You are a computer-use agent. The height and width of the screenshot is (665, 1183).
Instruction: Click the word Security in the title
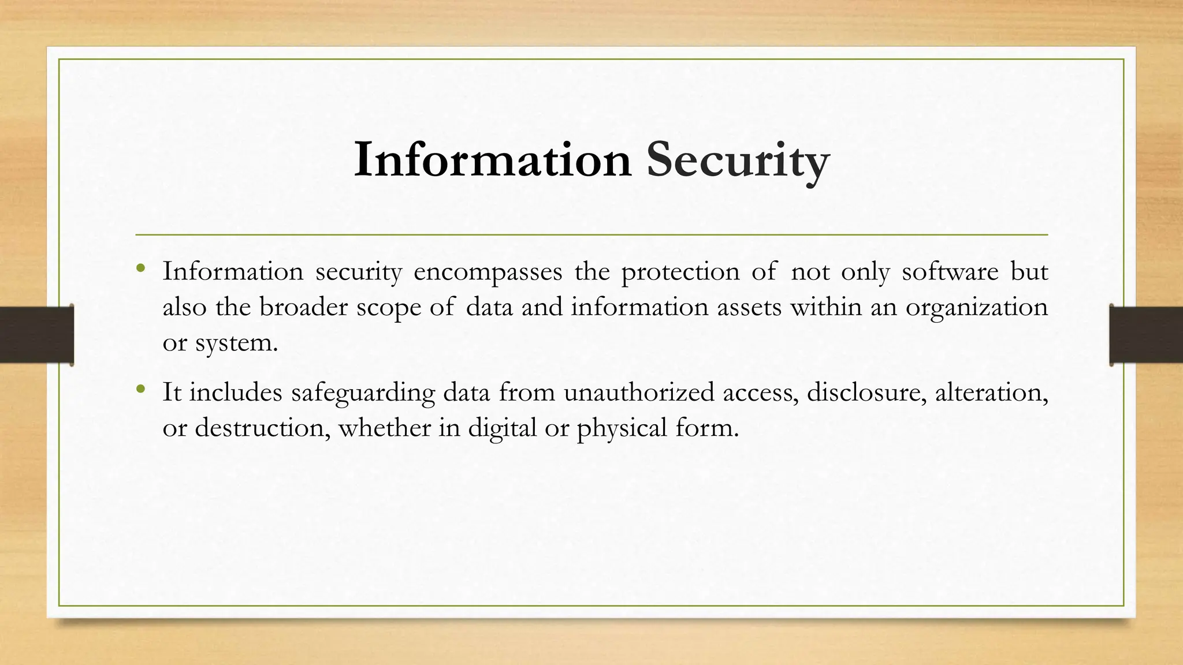point(738,160)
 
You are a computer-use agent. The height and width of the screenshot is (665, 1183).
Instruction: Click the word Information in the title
point(493,159)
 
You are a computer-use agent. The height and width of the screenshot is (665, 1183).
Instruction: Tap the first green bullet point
point(140,268)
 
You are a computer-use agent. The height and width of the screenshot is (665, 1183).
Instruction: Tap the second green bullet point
point(140,390)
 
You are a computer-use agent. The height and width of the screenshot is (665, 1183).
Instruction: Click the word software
point(950,271)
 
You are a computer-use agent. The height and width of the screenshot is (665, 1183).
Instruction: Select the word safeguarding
point(363,393)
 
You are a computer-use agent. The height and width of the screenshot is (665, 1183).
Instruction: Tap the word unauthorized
point(639,393)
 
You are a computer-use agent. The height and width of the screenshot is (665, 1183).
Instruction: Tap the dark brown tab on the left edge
point(36,335)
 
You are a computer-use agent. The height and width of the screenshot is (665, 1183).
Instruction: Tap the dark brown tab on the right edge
point(1146,335)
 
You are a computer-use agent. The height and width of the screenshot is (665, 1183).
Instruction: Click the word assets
point(749,307)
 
